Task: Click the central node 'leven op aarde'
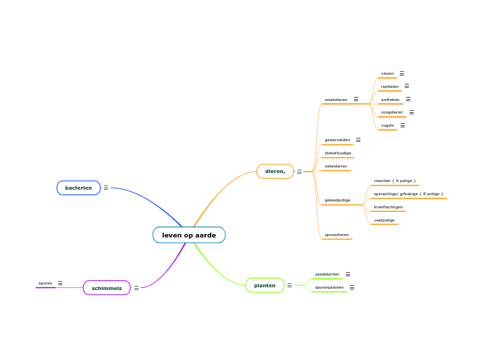coord(188,235)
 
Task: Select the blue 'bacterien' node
coord(78,188)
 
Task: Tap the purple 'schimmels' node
coord(107,288)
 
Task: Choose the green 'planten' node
coord(265,285)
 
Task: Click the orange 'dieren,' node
coord(275,171)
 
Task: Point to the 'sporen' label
coord(46,283)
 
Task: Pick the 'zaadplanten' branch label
coord(327,274)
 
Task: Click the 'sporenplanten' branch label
coord(329,287)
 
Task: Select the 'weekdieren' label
coord(336,100)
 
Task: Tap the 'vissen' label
coord(387,73)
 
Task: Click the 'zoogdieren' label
coord(392,112)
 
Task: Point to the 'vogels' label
coord(387,125)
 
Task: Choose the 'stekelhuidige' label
coord(338,153)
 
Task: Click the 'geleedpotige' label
coord(337,200)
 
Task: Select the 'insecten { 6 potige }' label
coord(395,181)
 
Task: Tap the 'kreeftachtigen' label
coord(388,207)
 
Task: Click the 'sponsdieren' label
coord(337,235)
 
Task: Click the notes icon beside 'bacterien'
coord(106,188)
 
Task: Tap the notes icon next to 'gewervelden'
coord(358,140)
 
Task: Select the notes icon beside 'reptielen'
coord(407,87)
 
